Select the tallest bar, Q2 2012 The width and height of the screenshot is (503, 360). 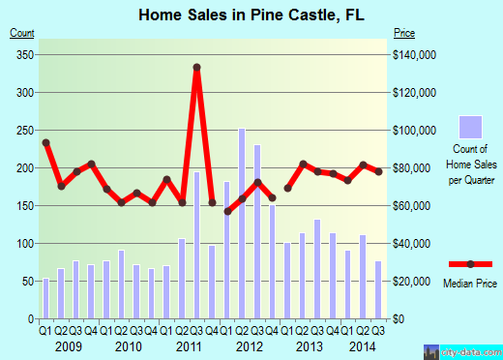(x=242, y=223)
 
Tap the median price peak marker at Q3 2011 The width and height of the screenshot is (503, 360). (x=196, y=67)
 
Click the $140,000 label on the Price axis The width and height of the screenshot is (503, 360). (x=414, y=54)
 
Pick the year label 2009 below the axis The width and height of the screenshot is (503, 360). (x=69, y=345)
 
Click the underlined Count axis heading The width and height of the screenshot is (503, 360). (x=21, y=33)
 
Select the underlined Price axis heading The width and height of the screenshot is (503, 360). (x=405, y=33)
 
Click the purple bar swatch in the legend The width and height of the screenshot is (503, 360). (x=470, y=128)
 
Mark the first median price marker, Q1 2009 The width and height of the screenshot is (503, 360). (x=45, y=142)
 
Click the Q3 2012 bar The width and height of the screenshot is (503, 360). (x=257, y=232)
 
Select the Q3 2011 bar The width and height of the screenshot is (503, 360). (x=196, y=246)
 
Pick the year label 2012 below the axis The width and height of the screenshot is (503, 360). (x=250, y=345)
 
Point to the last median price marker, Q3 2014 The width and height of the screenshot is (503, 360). (x=378, y=171)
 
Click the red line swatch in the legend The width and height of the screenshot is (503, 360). (x=470, y=264)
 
